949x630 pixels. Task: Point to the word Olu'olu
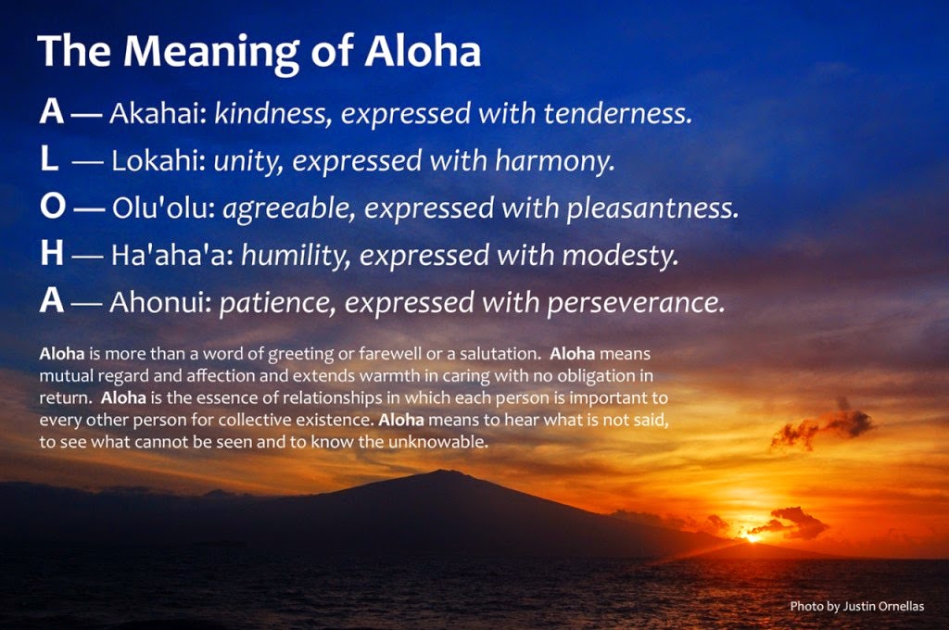click(x=163, y=208)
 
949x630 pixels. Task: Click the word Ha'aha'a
click(x=171, y=256)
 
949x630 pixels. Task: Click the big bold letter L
click(x=49, y=159)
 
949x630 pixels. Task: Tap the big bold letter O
click(x=53, y=207)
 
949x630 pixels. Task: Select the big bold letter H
click(x=51, y=254)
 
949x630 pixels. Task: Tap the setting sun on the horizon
click(x=753, y=536)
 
